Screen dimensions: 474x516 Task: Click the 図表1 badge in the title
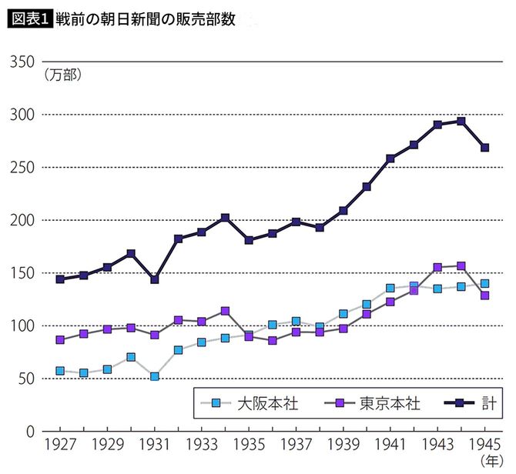tap(29, 19)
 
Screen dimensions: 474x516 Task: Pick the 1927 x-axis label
tap(60, 447)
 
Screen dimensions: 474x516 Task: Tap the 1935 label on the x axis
tap(249, 447)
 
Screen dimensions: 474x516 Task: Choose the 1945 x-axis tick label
tap(484, 447)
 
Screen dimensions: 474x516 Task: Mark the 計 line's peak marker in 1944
tap(461, 121)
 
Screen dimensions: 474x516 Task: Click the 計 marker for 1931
tap(155, 279)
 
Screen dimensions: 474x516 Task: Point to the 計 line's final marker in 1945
tap(484, 148)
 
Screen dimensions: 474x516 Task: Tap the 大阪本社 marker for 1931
tap(155, 376)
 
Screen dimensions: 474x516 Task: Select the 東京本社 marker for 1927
tap(60, 339)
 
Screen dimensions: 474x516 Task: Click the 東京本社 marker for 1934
tap(225, 311)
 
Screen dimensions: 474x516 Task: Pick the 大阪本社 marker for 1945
tap(484, 284)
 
